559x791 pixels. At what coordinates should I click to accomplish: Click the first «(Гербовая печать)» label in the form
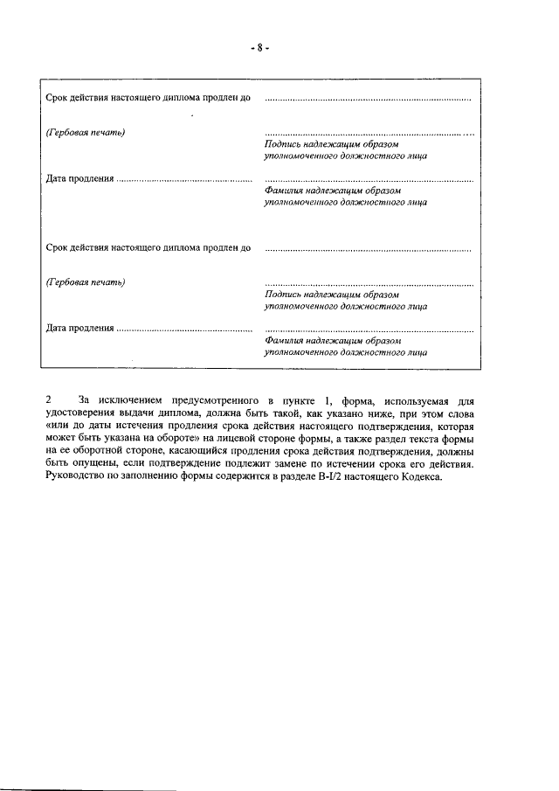click(x=85, y=132)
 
